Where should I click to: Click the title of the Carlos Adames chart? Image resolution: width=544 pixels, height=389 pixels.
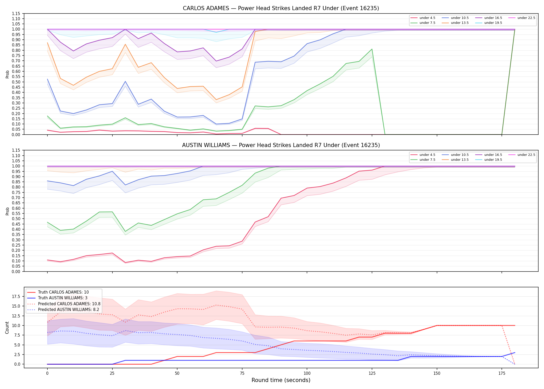[281, 8]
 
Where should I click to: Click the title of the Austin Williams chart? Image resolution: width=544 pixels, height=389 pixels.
[281, 145]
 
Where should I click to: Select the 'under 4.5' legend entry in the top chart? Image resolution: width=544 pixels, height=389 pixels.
[423, 18]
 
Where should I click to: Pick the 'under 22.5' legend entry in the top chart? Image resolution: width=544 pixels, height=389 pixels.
[522, 18]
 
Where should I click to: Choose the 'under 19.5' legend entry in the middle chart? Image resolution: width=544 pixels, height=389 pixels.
[489, 160]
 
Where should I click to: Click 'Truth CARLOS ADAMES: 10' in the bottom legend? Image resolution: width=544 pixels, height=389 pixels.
[58, 292]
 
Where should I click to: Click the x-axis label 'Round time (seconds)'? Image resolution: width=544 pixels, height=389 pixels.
[281, 380]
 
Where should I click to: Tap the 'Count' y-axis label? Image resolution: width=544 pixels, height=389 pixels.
[7, 328]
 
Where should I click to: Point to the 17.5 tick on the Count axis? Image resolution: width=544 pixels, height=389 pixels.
[17, 296]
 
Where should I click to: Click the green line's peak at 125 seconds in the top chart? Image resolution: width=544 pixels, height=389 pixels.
[372, 49]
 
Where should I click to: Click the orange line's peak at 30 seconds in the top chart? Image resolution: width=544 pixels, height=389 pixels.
[125, 44]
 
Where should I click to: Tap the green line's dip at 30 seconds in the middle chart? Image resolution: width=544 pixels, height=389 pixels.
[125, 231]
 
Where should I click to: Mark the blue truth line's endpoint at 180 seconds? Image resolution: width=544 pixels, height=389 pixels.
[515, 353]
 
